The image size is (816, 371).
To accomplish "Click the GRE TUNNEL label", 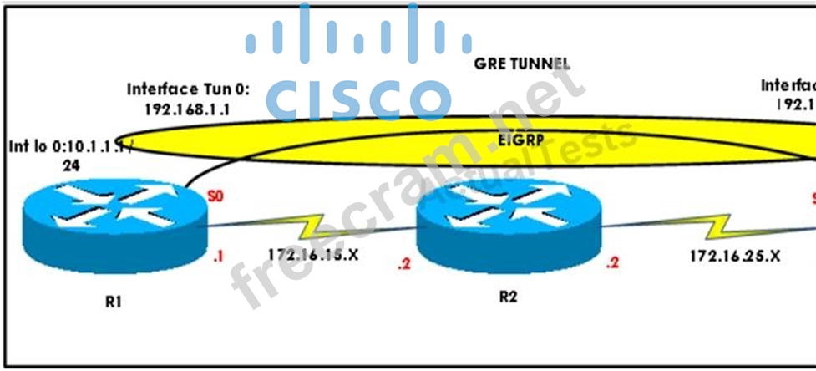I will click(x=522, y=64).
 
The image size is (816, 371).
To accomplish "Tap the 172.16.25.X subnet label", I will click(x=733, y=257).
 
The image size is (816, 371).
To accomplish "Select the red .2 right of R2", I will click(x=613, y=264).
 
